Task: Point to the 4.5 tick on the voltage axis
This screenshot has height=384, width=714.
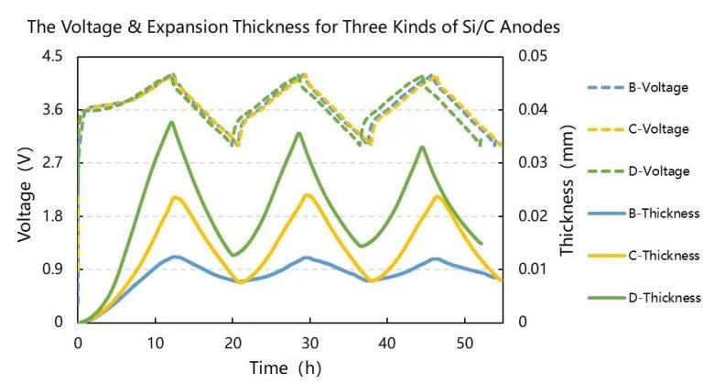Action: [x=53, y=57]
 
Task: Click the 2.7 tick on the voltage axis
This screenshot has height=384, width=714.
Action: [x=53, y=163]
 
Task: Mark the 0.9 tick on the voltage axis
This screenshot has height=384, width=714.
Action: [x=53, y=269]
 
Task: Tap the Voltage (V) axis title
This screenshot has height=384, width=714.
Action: [x=25, y=190]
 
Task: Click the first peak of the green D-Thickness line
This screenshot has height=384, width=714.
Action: [x=171, y=121]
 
